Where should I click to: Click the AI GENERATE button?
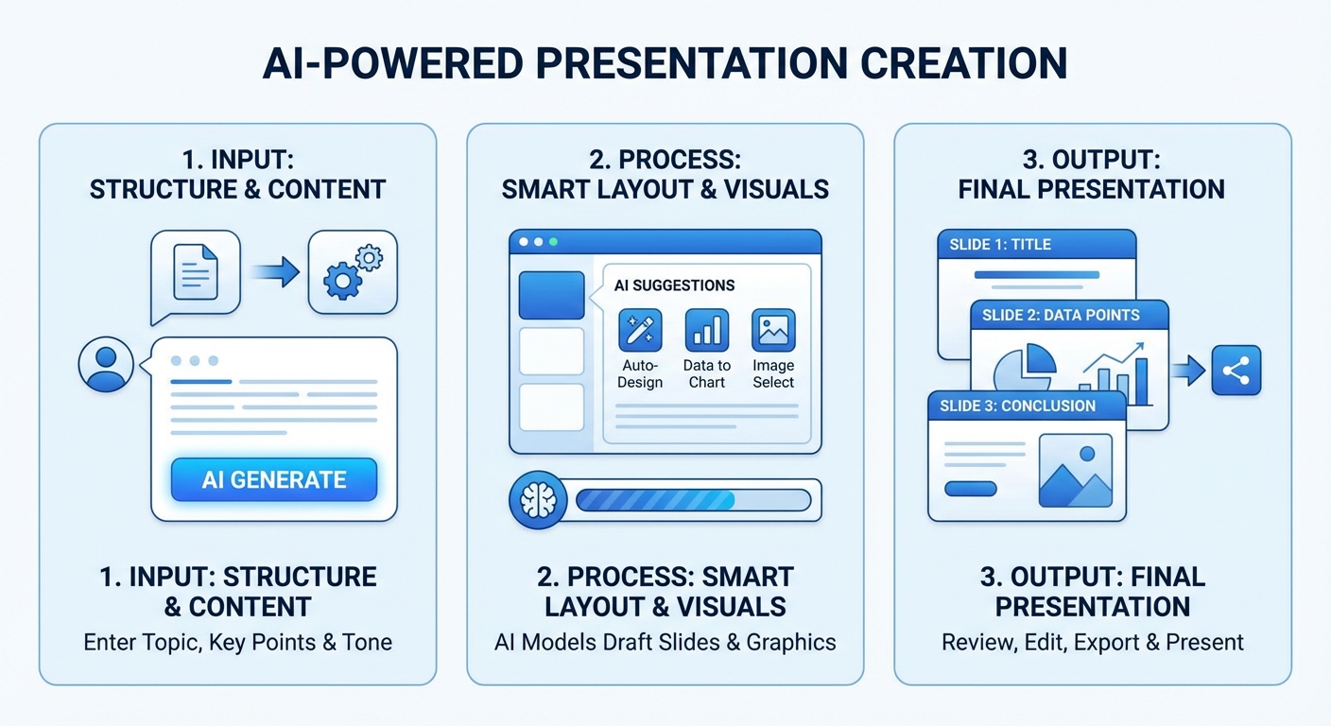pos(274,479)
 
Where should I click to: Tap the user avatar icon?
pos(106,364)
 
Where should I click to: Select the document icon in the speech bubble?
pos(196,272)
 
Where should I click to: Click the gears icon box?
pos(353,272)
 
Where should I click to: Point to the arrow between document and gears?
pos(275,272)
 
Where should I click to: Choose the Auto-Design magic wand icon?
pos(640,330)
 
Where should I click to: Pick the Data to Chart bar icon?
pos(706,330)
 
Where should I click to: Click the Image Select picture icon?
pos(773,330)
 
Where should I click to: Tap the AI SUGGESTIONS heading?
pos(674,285)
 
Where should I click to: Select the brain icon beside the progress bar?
pos(538,500)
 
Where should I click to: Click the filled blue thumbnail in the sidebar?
pos(551,295)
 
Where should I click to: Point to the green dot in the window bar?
pos(553,242)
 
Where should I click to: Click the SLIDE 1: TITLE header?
pos(1037,244)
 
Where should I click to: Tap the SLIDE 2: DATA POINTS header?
pos(1069,315)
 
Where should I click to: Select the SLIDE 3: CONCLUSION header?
pos(1027,406)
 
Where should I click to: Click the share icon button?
pos(1236,371)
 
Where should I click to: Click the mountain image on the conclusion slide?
pos(1076,471)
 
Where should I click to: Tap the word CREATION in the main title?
pos(964,63)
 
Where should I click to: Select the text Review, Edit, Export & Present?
pos(1092,642)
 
